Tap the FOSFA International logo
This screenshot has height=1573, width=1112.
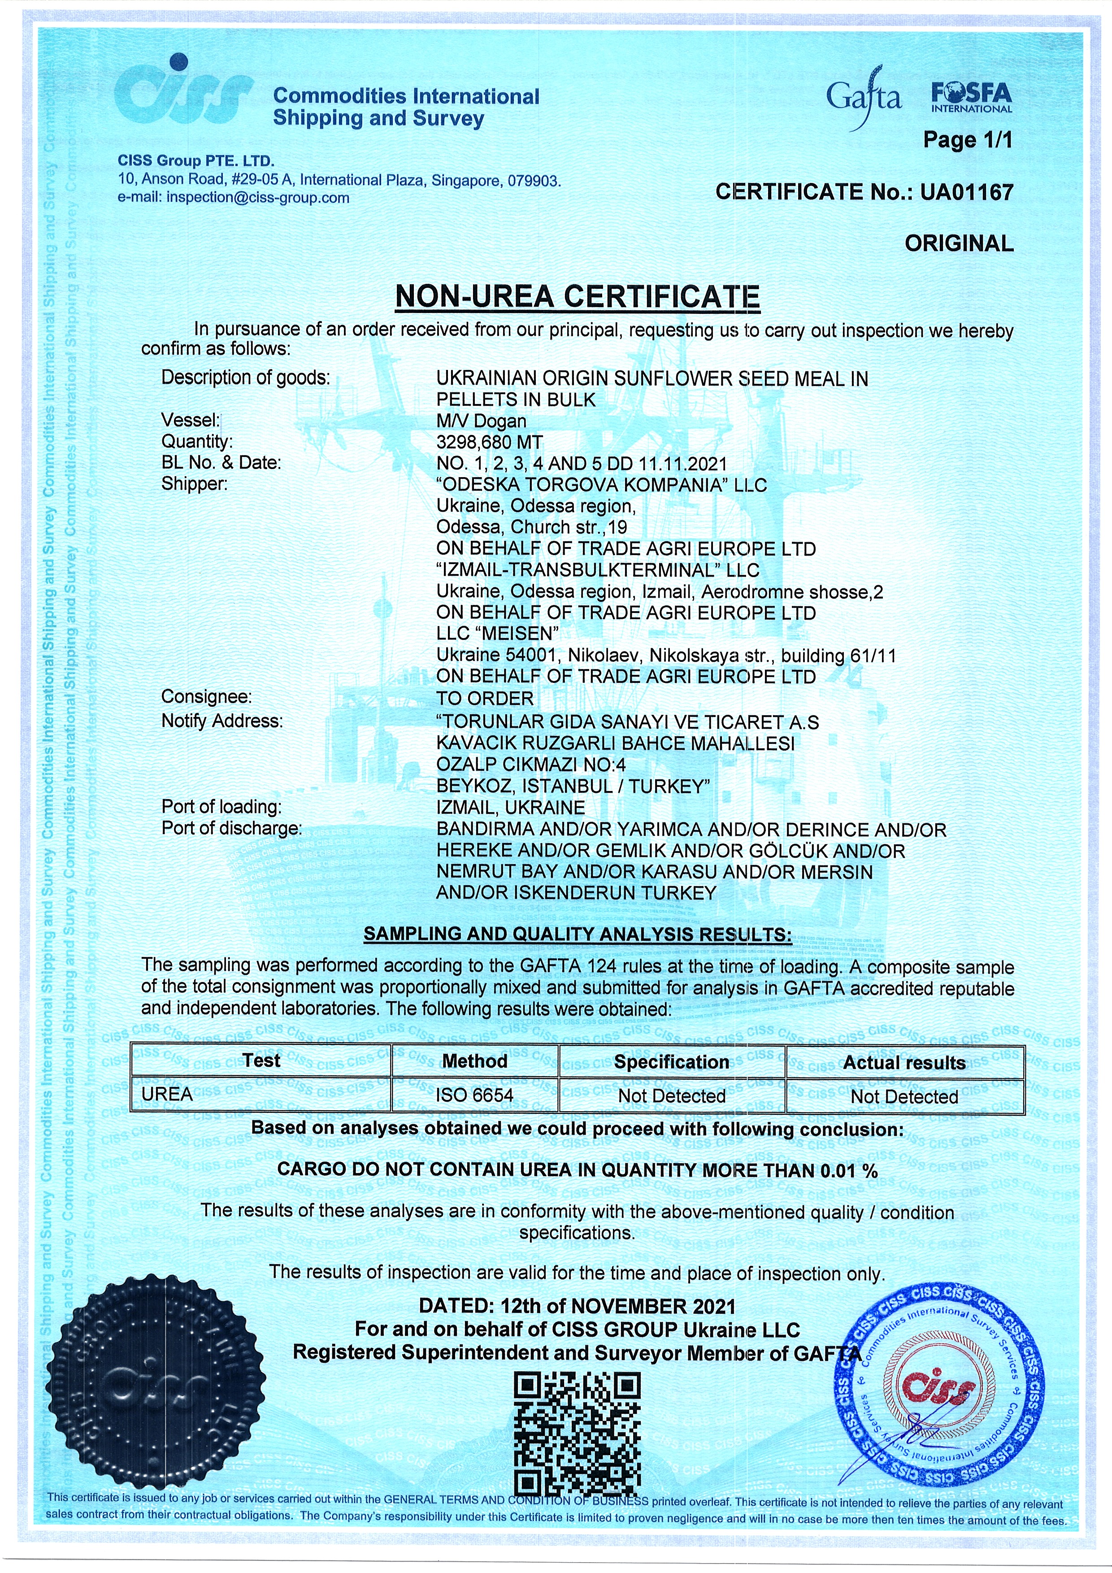click(x=971, y=97)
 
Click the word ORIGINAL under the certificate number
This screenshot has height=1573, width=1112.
click(x=959, y=243)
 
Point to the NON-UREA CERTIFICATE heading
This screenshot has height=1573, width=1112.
click(x=578, y=297)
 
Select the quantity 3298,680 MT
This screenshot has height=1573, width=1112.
click(x=489, y=442)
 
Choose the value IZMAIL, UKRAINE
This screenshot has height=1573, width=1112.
click(x=510, y=807)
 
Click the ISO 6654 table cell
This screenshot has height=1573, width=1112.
click(x=474, y=1095)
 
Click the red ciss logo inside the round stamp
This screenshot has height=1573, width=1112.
click(x=938, y=1388)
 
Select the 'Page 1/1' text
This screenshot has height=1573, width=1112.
click(x=967, y=140)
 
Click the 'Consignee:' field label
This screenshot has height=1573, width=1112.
click(x=206, y=697)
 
